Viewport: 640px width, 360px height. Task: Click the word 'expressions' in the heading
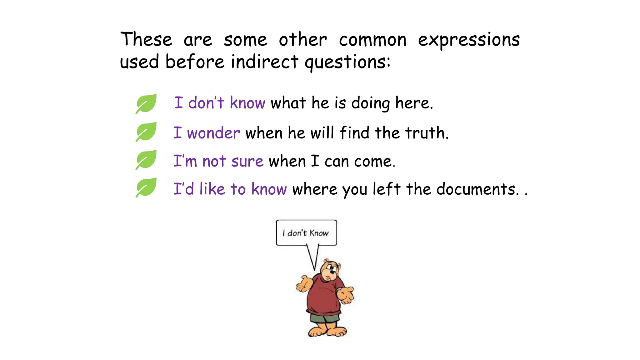(469, 40)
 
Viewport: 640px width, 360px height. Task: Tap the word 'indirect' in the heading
(264, 62)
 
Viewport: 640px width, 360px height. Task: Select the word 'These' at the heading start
(146, 40)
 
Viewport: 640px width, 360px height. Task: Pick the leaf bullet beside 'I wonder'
(146, 132)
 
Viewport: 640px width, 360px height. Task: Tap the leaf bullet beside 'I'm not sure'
(146, 159)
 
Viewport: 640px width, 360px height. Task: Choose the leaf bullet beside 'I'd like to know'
(146, 187)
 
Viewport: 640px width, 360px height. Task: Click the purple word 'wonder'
(213, 133)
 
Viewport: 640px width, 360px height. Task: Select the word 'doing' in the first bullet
(371, 103)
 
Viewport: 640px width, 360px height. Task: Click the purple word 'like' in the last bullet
(212, 189)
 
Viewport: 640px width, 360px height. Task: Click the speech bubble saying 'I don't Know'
(306, 233)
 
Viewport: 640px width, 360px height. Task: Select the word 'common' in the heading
(372, 40)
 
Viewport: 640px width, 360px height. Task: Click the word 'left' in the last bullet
(387, 189)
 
